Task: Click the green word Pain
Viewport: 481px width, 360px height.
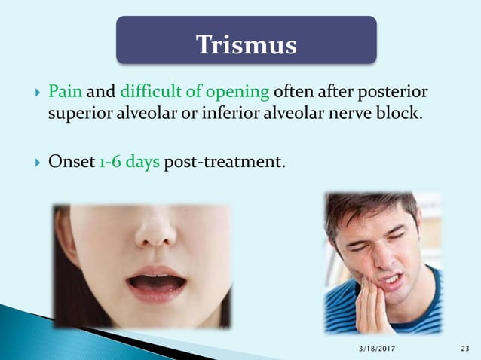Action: [64, 93]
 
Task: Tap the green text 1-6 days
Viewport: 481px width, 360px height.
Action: [128, 158]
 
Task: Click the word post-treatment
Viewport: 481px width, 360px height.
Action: [224, 158]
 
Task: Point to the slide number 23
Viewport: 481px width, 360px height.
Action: [464, 347]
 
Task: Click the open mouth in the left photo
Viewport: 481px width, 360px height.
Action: [157, 284]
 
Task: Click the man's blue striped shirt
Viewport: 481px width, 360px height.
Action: [422, 309]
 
